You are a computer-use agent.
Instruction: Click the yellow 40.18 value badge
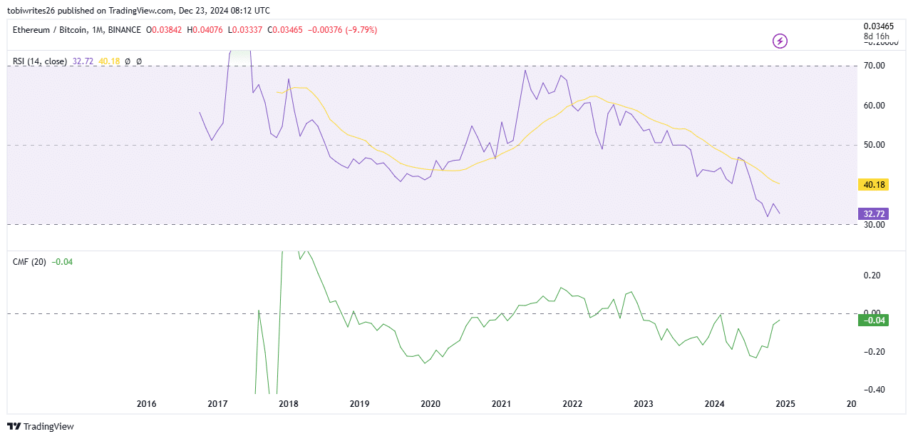(874, 185)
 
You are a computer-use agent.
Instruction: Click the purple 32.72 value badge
(874, 213)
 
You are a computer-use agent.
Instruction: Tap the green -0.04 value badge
(874, 321)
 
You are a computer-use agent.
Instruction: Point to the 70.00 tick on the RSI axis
(874, 66)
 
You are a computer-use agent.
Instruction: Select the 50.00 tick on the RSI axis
(874, 145)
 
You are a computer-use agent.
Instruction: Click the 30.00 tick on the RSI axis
(874, 225)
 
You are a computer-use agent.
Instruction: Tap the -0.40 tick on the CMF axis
(872, 390)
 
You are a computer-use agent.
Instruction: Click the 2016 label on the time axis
(146, 404)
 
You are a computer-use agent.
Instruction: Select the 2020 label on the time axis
(430, 404)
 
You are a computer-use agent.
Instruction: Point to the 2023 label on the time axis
(643, 404)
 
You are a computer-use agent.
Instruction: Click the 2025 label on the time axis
(785, 404)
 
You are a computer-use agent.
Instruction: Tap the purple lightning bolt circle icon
(780, 41)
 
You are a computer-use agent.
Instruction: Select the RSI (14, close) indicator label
(40, 62)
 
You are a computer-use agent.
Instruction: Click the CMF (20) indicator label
(29, 262)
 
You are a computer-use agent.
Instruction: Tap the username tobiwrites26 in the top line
(34, 11)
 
